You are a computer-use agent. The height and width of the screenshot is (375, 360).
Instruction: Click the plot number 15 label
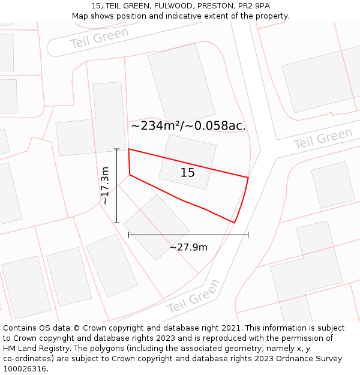coord(188,173)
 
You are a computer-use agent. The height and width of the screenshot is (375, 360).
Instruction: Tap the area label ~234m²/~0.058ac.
coord(188,126)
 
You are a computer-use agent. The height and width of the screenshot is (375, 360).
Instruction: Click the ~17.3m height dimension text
coord(106,186)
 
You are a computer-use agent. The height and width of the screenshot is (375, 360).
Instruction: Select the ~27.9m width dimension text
coord(188,247)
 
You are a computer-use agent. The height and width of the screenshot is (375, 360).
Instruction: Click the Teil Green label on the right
coord(323,139)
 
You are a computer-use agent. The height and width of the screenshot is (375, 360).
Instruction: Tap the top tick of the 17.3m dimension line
coord(116,149)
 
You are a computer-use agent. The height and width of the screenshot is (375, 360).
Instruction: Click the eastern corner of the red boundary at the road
coord(248,178)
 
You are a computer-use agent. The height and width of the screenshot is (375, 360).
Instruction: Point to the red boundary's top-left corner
coord(128,149)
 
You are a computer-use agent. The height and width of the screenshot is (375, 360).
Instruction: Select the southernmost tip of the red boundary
coord(233,223)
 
